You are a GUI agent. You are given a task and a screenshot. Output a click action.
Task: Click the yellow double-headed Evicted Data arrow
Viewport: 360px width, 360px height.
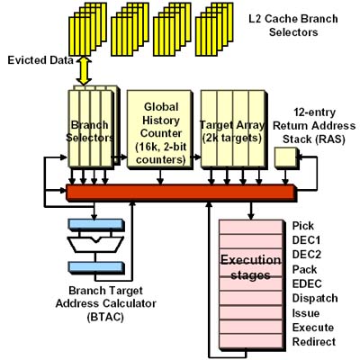pos(84,71)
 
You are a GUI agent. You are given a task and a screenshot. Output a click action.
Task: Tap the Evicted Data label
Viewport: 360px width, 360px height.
pos(40,60)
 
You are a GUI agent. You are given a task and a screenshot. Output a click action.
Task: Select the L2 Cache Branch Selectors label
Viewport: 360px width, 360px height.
pos(293,25)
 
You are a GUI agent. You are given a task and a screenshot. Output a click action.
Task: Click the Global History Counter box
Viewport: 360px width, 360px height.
pos(160,130)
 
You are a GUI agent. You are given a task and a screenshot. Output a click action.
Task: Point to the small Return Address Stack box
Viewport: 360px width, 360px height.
pos(286,157)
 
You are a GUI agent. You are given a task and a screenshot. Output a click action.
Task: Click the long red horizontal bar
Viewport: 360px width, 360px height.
pos(181,193)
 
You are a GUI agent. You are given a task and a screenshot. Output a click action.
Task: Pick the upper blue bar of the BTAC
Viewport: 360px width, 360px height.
pos(96,225)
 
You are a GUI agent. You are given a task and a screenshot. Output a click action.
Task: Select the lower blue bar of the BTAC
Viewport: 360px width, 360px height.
pos(96,267)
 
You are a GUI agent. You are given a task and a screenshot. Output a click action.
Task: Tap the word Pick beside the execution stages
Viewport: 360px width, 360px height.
pos(303,226)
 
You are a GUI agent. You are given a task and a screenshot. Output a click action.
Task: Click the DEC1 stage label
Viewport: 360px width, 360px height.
pos(306,240)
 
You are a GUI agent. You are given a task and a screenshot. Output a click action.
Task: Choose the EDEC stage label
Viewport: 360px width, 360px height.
pos(307,283)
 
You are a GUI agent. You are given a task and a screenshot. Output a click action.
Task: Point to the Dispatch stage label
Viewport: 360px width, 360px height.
pos(315,298)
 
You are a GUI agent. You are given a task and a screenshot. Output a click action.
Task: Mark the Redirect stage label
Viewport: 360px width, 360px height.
pos(314,342)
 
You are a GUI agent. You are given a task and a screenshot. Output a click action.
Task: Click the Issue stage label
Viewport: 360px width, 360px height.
pos(306,313)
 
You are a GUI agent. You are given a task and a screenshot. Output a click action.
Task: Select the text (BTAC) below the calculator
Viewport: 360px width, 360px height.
pos(105,317)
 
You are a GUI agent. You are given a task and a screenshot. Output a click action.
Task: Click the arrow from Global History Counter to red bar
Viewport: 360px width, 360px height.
pos(160,177)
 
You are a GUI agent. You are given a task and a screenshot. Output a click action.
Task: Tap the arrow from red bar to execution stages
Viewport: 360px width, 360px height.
pos(251,211)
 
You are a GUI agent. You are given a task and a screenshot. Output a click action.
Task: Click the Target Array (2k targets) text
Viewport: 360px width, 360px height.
pos(232,131)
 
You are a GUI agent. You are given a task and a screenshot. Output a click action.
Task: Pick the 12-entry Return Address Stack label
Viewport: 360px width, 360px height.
pos(314,126)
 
